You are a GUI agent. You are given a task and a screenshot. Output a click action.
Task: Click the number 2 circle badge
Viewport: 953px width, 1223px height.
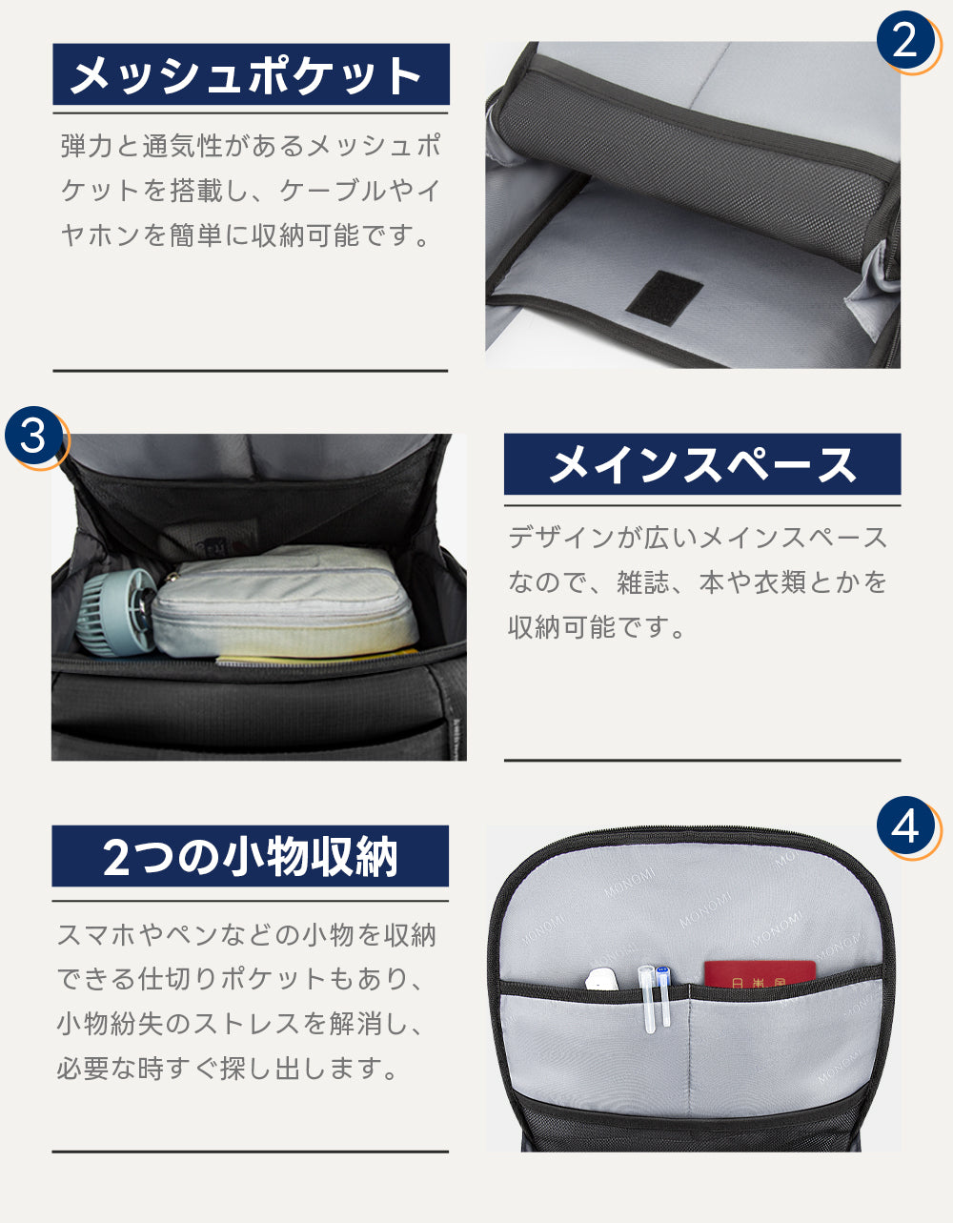[x=903, y=40]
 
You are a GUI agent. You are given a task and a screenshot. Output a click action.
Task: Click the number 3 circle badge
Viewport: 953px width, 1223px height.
[x=33, y=437]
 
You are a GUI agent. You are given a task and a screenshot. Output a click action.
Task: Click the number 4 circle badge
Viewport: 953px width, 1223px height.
[x=904, y=826]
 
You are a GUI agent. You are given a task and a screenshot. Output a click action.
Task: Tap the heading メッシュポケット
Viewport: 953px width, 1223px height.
[x=250, y=74]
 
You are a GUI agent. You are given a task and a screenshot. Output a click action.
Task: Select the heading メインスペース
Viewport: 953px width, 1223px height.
[x=701, y=464]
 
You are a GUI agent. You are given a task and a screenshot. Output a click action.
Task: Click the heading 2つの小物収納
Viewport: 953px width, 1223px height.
[x=250, y=856]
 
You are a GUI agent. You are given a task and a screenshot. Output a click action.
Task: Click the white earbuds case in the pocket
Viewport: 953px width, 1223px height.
[x=603, y=979]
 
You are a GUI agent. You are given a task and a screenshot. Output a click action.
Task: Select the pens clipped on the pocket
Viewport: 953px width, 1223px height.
[x=655, y=996]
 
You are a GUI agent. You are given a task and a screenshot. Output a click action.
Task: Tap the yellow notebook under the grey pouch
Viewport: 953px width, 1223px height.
[x=314, y=657]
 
